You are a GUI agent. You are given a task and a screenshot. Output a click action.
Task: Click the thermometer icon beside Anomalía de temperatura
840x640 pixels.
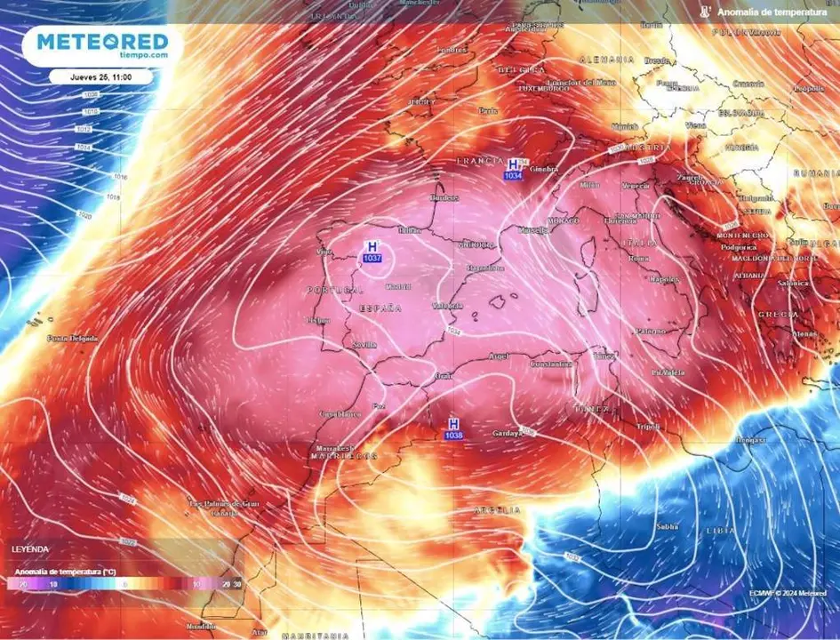pyautogui.click(x=705, y=12)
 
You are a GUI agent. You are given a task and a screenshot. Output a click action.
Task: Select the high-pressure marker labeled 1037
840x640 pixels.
pyautogui.click(x=372, y=252)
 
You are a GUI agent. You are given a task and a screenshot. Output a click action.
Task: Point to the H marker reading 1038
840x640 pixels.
pyautogui.click(x=453, y=428)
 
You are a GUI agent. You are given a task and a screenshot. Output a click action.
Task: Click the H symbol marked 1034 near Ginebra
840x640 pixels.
pyautogui.click(x=513, y=169)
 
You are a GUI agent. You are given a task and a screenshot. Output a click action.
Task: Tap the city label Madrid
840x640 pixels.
pyautogui.click(x=399, y=286)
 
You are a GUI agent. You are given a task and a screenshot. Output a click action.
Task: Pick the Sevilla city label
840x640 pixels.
pyautogui.click(x=364, y=344)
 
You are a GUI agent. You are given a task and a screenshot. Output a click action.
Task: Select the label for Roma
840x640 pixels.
pyautogui.click(x=639, y=258)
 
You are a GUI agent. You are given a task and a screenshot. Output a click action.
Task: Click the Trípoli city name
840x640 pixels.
pyautogui.click(x=649, y=427)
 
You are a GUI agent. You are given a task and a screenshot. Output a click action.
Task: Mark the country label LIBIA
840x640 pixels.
pyautogui.click(x=721, y=530)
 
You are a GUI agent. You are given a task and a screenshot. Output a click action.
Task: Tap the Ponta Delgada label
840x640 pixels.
pyautogui.click(x=73, y=338)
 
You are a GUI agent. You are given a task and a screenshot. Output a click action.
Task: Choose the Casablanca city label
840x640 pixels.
pyautogui.click(x=340, y=414)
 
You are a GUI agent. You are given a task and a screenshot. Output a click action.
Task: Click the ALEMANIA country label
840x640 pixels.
pyautogui.click(x=606, y=59)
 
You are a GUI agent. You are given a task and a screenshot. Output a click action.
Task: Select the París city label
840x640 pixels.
pyautogui.click(x=488, y=111)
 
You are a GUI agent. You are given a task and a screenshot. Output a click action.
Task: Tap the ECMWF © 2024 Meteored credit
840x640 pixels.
pyautogui.click(x=788, y=593)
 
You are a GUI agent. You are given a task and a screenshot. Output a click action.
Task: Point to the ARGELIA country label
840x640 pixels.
pyautogui.click(x=498, y=510)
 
